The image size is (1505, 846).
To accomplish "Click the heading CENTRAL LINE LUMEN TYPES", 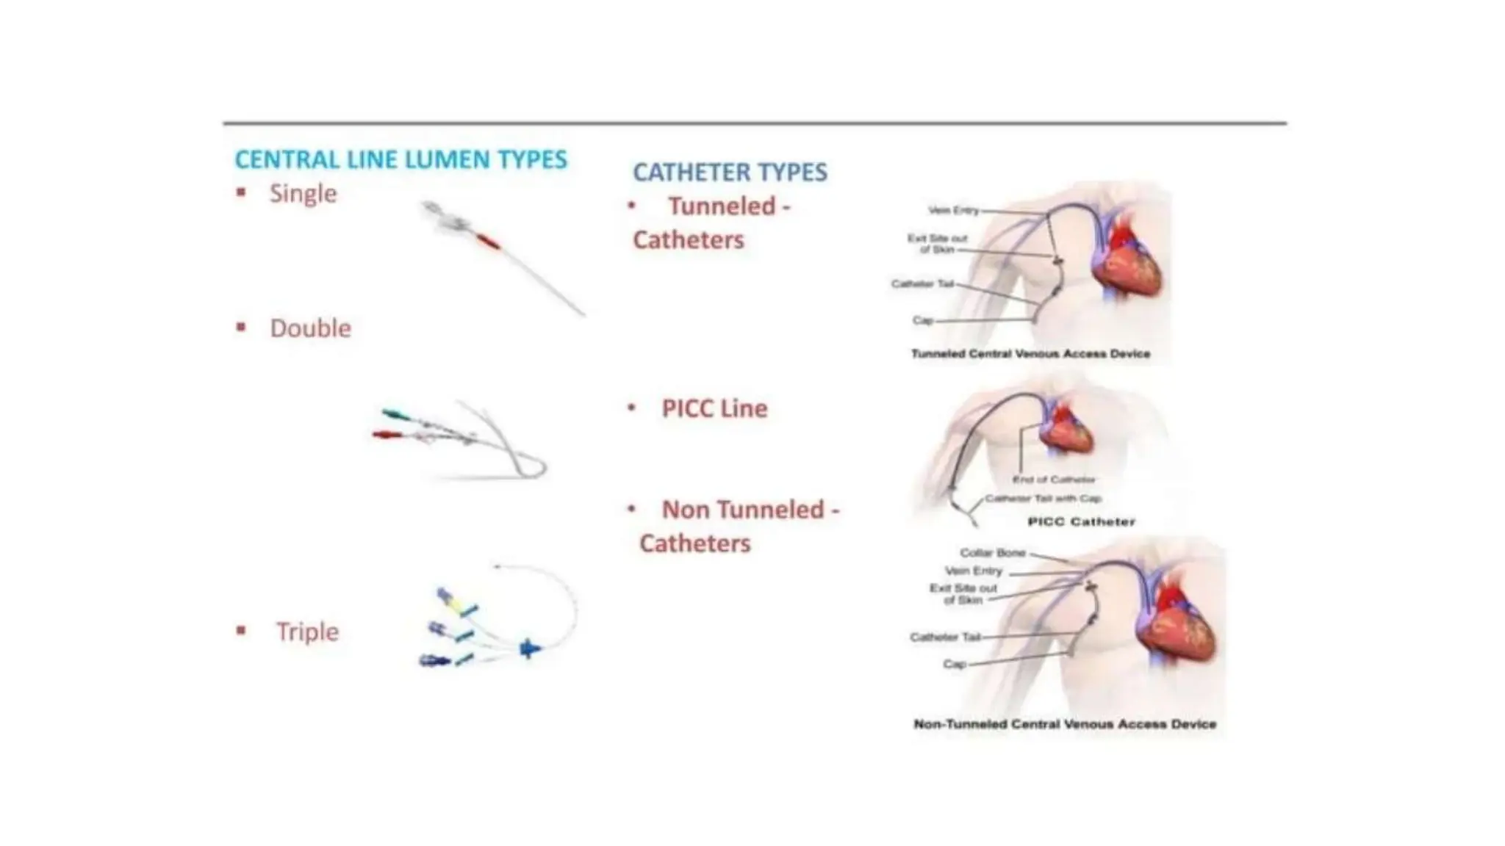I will point(401,159).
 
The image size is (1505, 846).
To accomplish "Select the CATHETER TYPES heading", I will point(730,172).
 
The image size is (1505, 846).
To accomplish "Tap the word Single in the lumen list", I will point(303,193).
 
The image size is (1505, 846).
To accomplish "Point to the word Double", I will point(310,328).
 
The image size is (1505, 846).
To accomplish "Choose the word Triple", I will point(307,632).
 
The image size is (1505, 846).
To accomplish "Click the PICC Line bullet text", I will point(714,408).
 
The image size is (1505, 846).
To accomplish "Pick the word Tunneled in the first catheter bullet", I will point(722,206).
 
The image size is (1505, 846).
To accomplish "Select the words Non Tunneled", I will point(743,510).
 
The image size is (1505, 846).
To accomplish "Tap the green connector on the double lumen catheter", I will point(395,415).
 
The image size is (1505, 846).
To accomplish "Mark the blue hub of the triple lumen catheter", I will point(529,648).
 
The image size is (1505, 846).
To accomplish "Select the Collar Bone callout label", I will point(992,552).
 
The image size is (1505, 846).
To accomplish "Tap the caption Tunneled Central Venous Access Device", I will point(1030,354).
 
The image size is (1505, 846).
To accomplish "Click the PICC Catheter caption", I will point(1081,522).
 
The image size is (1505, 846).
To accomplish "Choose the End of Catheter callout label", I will point(1053,480).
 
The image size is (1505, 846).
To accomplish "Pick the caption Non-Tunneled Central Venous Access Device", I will point(1064,724).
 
